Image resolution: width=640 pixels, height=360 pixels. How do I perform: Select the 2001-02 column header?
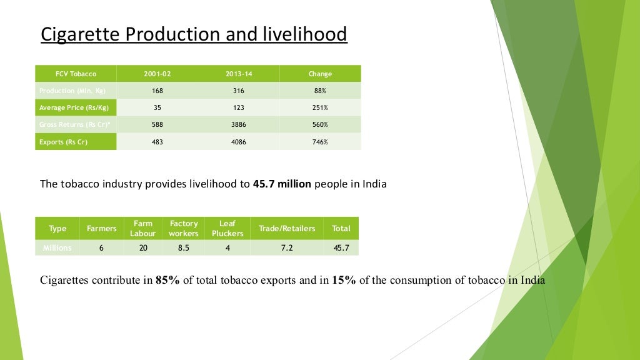pos(157,74)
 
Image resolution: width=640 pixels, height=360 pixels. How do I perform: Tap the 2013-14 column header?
pos(239,74)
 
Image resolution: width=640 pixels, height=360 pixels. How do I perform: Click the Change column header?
pos(320,74)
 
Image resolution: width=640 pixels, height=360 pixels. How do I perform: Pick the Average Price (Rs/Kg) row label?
pos(74,107)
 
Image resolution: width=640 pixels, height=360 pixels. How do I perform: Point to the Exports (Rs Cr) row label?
pos(63,142)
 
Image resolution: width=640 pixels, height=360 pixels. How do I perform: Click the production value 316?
pos(239,91)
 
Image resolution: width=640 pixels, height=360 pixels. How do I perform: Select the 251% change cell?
pos(320,107)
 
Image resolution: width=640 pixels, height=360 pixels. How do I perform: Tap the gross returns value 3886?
pos(239,125)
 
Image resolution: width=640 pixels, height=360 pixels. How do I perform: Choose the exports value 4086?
pos(239,142)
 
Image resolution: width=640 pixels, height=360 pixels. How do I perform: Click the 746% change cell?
pos(320,142)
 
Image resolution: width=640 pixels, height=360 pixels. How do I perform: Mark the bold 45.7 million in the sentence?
pos(282,184)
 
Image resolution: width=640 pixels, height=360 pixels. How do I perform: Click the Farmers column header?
pos(102,229)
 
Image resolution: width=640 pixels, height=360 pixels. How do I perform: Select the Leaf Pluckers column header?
pos(227,229)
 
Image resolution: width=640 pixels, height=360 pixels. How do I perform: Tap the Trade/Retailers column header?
pos(287,229)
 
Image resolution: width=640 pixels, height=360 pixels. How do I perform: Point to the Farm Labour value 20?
pos(143,247)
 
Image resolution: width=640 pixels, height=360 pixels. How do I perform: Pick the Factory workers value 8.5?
pos(184,247)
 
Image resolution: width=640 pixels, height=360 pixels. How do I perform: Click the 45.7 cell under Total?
pos(341,247)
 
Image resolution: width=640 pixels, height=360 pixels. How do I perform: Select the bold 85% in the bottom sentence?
pos(167,280)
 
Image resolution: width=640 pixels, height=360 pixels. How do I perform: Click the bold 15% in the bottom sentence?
pos(344,280)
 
